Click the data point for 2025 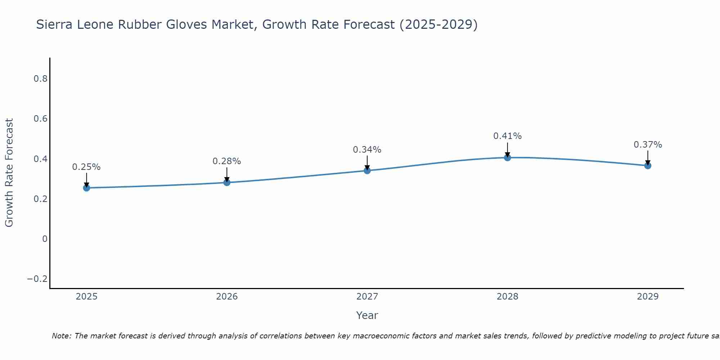click(86, 188)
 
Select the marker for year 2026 click(227, 183)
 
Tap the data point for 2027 click(367, 170)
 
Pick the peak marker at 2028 click(508, 157)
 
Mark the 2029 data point click(648, 166)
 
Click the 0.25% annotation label click(86, 167)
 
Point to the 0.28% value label click(227, 161)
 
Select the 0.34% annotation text click(367, 150)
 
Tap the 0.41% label click(508, 136)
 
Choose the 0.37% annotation click(648, 145)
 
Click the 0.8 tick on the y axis click(41, 79)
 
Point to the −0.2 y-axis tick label click(37, 279)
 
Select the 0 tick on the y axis click(45, 239)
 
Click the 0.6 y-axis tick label click(41, 119)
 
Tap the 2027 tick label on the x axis click(367, 297)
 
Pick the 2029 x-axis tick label click(648, 297)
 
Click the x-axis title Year click(367, 315)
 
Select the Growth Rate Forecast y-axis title click(9, 173)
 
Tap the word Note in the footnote click(61, 336)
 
